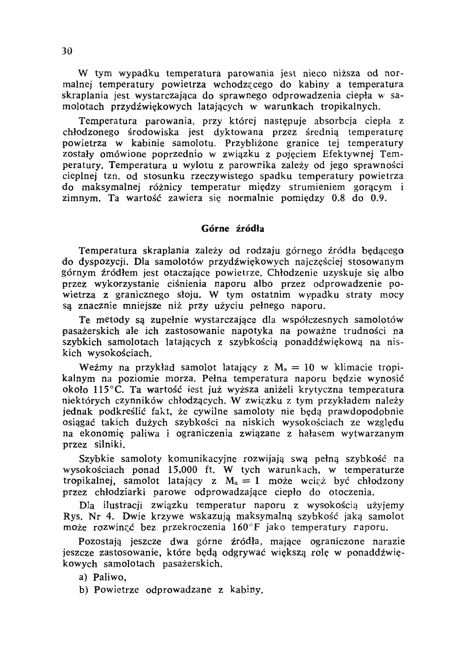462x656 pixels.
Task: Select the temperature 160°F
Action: tap(248, 527)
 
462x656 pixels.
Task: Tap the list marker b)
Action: tap(84, 590)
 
